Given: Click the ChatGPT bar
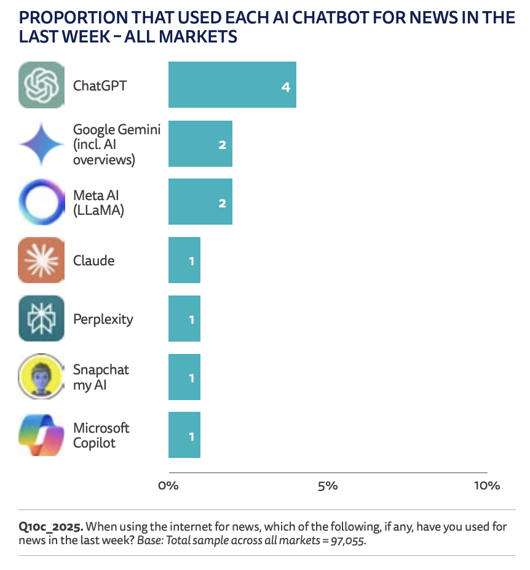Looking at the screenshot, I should [232, 85].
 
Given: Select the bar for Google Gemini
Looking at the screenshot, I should [200, 143].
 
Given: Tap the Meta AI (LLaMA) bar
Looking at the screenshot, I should [200, 202].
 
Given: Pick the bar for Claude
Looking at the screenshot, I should [184, 260].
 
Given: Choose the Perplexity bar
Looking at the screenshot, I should [184, 319].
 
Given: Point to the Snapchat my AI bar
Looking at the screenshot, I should [184, 377].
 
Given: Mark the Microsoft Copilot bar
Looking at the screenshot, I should [184, 435].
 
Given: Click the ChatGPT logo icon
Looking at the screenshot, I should [41, 85].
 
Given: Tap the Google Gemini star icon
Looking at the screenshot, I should [41, 143].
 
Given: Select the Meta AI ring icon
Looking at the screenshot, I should [41, 202].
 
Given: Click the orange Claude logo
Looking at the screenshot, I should [41, 260].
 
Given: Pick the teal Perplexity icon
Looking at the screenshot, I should [41, 319].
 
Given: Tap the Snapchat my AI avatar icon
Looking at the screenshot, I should [41, 377].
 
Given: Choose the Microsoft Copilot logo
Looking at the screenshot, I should [41, 435].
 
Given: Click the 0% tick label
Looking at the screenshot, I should [168, 486].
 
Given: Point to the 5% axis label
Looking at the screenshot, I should [328, 486].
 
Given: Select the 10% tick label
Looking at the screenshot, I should [487, 486].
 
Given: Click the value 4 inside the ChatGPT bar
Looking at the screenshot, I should [285, 87].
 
